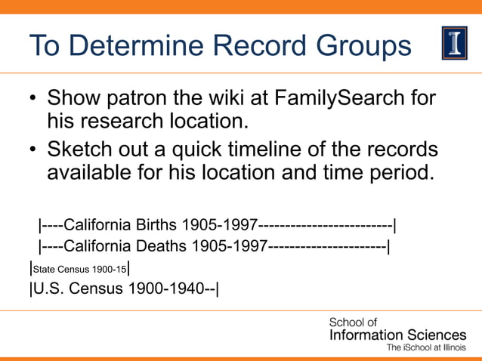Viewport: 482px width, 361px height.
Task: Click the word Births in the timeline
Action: point(158,224)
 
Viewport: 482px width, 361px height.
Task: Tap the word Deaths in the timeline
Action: point(162,246)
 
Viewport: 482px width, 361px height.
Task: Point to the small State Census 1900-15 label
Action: point(79,269)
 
